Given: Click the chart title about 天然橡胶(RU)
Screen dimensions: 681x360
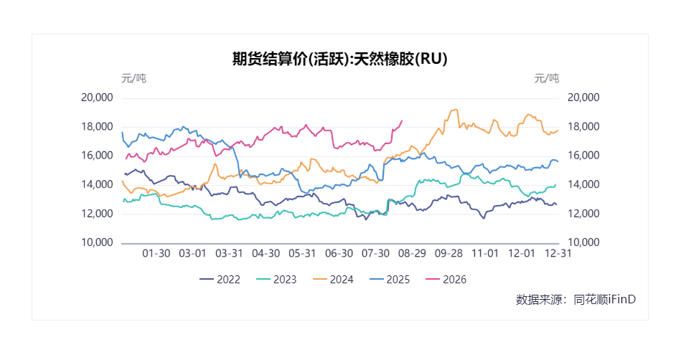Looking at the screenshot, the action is (x=339, y=59).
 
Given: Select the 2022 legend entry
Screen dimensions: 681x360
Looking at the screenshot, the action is (x=220, y=280).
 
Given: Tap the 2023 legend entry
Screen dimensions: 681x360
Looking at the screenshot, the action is (x=276, y=280).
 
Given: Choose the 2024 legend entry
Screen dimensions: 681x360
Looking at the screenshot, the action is (x=333, y=280).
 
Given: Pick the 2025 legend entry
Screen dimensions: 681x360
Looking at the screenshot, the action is (x=390, y=280).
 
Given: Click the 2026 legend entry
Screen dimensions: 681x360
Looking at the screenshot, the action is (x=446, y=280).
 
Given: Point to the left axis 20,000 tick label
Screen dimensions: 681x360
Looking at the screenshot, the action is (x=97, y=98).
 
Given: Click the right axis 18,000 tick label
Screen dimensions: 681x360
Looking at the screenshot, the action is (x=583, y=127).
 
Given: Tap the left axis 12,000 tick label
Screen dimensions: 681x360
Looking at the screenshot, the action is (x=97, y=214).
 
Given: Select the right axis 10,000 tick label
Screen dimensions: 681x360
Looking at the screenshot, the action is (x=583, y=243).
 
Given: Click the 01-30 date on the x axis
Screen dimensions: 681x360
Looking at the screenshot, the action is (x=156, y=254).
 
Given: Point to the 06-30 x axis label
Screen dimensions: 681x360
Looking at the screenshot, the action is (x=339, y=254).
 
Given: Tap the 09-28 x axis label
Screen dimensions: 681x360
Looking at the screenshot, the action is (x=448, y=254).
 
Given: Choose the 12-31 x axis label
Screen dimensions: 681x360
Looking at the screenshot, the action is (x=558, y=254).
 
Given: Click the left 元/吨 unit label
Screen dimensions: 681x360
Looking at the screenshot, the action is (x=133, y=79).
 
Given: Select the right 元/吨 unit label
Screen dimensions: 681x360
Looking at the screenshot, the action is (x=546, y=79).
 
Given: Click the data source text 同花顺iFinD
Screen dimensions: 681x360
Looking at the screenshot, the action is (x=604, y=300).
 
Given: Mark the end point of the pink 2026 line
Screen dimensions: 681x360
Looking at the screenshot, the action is (x=402, y=120).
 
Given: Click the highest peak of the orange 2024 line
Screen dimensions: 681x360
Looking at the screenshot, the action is (x=455, y=110).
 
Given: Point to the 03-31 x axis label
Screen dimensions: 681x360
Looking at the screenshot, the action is (x=230, y=254).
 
